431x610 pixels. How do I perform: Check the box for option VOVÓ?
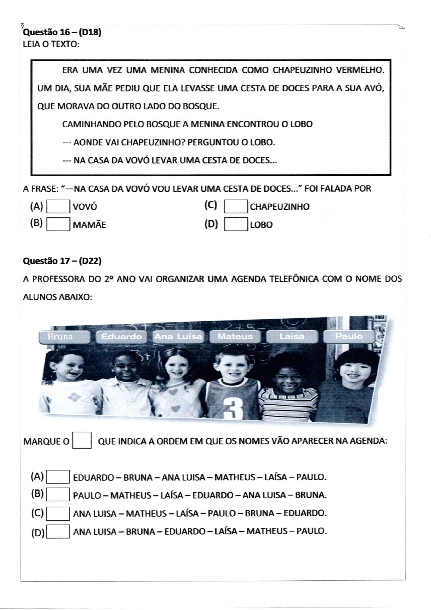pos(58,206)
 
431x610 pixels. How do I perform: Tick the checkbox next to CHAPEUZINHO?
pos(236,206)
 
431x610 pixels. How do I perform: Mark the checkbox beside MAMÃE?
pos(58,224)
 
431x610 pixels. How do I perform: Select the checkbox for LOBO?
pos(236,224)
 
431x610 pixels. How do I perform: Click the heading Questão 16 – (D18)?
pos(62,32)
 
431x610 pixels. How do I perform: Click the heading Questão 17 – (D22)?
pos(62,261)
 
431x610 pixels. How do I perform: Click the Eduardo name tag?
pos(121,337)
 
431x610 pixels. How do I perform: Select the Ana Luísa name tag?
pos(178,337)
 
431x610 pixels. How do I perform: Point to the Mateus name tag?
pos(235,337)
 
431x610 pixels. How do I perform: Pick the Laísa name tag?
pos(292,336)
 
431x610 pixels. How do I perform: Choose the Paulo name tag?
pos(349,336)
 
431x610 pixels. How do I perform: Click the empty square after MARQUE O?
pos(82,440)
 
